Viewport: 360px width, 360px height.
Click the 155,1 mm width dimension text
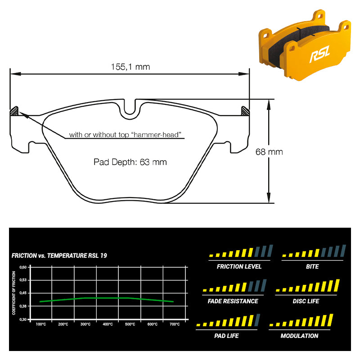click(x=130, y=67)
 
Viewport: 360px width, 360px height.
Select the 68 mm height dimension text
click(x=269, y=152)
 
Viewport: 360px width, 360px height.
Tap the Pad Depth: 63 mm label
click(x=130, y=162)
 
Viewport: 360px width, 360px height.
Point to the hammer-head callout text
click(x=126, y=135)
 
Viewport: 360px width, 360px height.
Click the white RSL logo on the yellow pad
click(x=320, y=54)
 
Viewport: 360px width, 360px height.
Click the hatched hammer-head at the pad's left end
click(x=14, y=111)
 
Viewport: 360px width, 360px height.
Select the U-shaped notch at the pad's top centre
click(x=130, y=108)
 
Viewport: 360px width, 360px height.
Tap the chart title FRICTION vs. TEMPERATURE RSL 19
click(x=59, y=256)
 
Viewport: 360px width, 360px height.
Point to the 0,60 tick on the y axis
click(x=23, y=267)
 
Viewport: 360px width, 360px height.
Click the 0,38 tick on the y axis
click(x=23, y=306)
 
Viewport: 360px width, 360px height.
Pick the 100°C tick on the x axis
click(x=41, y=324)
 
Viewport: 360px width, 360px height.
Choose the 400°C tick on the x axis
click(x=108, y=324)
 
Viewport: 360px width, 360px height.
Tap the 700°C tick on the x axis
click(x=175, y=324)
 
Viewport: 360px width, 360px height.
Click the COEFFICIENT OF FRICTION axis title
click(x=14, y=293)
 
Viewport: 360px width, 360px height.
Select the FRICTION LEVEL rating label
click(x=239, y=266)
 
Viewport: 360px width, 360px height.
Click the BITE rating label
click(x=312, y=266)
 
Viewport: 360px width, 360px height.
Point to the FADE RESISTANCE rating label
click(x=233, y=301)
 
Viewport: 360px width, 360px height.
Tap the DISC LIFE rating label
click(x=306, y=301)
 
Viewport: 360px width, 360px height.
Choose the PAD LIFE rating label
click(x=226, y=336)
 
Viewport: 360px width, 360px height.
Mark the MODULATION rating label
click(x=299, y=336)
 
